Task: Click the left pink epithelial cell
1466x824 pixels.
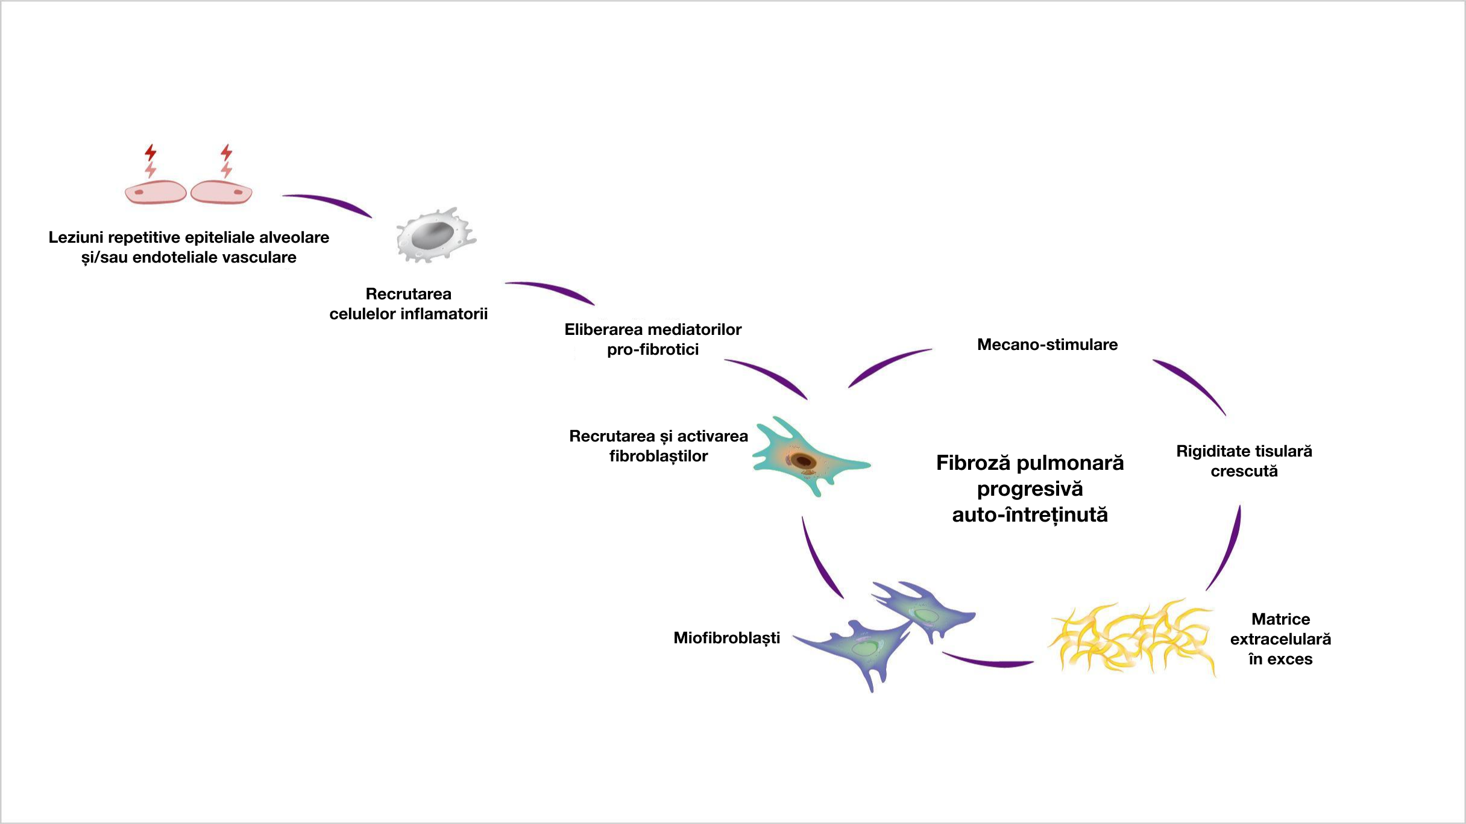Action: click(156, 193)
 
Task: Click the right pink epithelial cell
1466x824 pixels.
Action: click(221, 193)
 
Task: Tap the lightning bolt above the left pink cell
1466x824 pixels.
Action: click(150, 160)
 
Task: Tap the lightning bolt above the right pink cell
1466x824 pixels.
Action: click(226, 160)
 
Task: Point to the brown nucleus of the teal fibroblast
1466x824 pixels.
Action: click(803, 461)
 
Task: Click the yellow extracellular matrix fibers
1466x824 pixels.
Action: click(1132, 637)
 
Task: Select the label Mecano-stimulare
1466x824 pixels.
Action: click(1047, 345)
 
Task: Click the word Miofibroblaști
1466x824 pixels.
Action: click(726, 638)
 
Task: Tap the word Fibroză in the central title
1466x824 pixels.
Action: click(973, 463)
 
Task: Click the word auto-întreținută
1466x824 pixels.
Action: click(1030, 515)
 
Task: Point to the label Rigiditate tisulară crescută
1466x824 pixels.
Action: click(1244, 461)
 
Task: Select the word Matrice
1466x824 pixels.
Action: click(1280, 619)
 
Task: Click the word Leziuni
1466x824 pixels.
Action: click(75, 237)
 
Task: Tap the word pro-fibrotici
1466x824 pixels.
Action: click(652, 349)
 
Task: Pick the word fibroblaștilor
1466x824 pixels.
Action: click(658, 456)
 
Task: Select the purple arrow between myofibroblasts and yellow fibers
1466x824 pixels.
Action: click(989, 661)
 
